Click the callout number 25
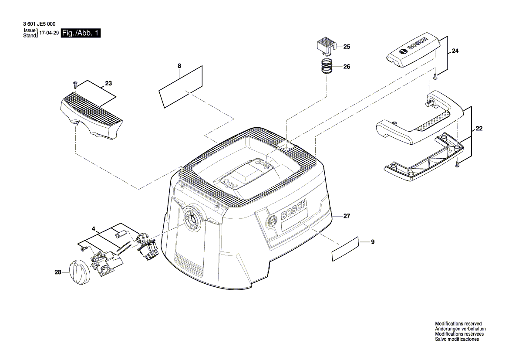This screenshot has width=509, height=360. (347, 47)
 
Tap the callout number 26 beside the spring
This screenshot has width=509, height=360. (347, 67)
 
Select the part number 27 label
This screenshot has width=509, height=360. (347, 216)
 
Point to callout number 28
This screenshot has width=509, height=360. (58, 272)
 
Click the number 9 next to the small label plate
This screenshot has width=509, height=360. (373, 242)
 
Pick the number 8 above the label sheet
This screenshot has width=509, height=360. (179, 66)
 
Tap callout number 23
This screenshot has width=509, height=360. (108, 83)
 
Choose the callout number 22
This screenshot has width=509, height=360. (479, 129)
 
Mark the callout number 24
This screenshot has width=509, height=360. (455, 51)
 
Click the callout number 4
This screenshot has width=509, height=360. (93, 228)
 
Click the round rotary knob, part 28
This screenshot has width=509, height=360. (79, 271)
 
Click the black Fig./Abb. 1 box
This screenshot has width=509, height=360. (81, 34)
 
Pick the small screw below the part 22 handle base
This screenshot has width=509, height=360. (457, 165)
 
